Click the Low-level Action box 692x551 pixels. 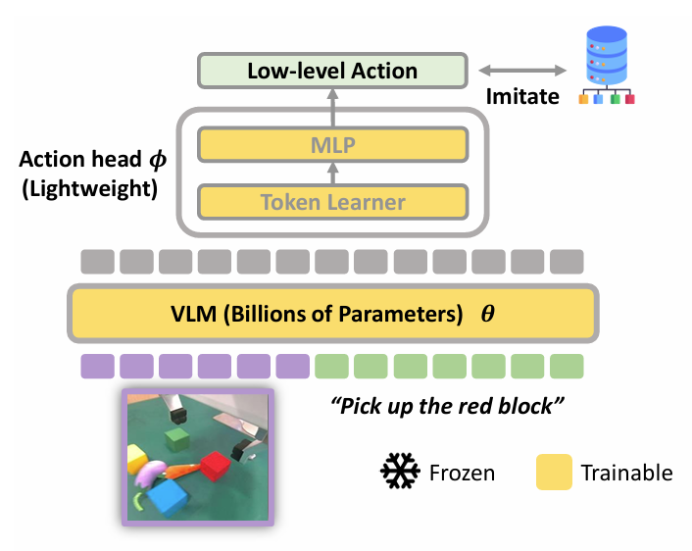click(332, 71)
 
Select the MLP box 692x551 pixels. click(331, 145)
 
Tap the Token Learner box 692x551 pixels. click(331, 202)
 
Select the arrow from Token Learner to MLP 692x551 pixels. click(331, 174)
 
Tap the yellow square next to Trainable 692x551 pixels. click(554, 472)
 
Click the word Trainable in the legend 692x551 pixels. click(626, 473)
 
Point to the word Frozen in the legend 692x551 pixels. click(462, 473)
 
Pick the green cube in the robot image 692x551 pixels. click(176, 437)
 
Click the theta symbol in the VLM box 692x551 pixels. click(487, 315)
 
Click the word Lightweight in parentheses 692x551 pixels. click(87, 187)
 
